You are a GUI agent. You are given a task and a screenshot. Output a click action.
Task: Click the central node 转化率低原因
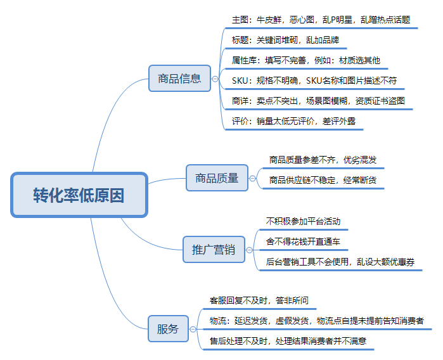pyautogui.click(x=79, y=195)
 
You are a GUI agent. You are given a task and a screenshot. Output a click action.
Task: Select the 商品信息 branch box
pyautogui.click(x=180, y=78)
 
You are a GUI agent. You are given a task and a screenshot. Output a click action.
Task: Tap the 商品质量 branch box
pyautogui.click(x=217, y=177)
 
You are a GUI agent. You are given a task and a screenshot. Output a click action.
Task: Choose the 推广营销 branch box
pyautogui.click(x=214, y=250)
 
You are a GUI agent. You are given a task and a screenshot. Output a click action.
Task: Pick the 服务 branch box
pyautogui.click(x=168, y=329)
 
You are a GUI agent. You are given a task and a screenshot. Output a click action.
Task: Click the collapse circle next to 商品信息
pyautogui.click(x=215, y=79)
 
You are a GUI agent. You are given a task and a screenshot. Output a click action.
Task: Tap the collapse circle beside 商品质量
pyautogui.click(x=252, y=178)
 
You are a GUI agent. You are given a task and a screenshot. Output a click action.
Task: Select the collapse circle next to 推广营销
pyautogui.click(x=249, y=250)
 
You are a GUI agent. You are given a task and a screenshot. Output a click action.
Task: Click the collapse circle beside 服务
pyautogui.click(x=193, y=329)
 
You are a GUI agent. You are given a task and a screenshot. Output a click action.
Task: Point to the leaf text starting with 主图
pyautogui.click(x=321, y=20)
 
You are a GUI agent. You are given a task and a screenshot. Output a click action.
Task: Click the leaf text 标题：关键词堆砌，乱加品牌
pyautogui.click(x=285, y=40)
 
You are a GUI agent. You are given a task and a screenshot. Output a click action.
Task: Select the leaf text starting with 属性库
pyautogui.click(x=306, y=60)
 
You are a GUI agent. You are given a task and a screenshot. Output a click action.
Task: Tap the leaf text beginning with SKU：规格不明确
pyautogui.click(x=314, y=81)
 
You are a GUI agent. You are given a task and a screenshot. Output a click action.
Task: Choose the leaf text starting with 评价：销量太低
pyautogui.click(x=293, y=121)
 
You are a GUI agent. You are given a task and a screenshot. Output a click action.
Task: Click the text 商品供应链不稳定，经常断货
pyautogui.click(x=323, y=180)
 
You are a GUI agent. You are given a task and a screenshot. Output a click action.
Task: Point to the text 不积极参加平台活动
pyautogui.click(x=303, y=221)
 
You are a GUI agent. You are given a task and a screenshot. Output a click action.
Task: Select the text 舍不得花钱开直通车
pyautogui.click(x=303, y=241)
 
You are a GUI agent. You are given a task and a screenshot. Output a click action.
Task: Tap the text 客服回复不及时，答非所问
pyautogui.click(x=259, y=300)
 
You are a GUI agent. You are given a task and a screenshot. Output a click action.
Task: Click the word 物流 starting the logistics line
pyautogui.click(x=217, y=321)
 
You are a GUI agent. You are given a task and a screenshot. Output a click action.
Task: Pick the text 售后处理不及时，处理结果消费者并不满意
pyautogui.click(x=288, y=341)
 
